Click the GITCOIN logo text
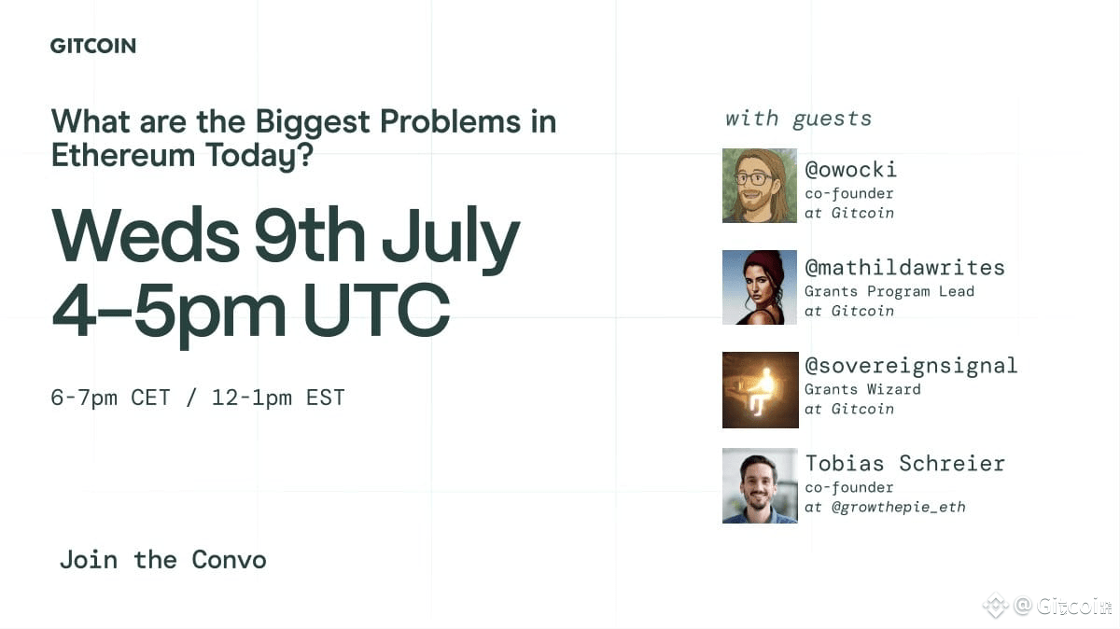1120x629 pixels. tap(93, 46)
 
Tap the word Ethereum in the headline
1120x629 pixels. tap(123, 155)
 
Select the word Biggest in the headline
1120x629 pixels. tap(313, 123)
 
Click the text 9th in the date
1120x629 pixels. tap(310, 234)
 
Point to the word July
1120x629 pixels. tap(451, 240)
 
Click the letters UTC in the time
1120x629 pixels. tap(376, 310)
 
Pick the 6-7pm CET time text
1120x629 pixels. tap(110, 398)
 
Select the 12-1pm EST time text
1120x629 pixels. tap(278, 398)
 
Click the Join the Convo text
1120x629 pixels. tap(163, 560)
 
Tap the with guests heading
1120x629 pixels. tap(799, 119)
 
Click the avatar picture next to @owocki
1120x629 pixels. tap(760, 186)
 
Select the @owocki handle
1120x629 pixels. tap(850, 170)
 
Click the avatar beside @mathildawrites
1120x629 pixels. tap(760, 287)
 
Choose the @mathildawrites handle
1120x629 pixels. tap(904, 268)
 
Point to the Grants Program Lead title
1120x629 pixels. tap(889, 291)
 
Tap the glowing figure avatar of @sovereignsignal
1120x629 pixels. tap(761, 390)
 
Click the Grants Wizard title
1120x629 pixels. tap(862, 389)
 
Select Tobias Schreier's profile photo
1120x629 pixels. tap(760, 485)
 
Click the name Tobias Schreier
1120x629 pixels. tap(905, 464)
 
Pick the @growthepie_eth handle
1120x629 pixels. tap(899, 508)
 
